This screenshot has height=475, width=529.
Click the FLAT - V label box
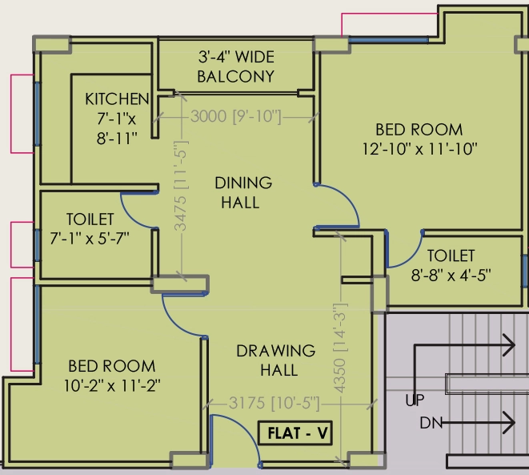(295, 433)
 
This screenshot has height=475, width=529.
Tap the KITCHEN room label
(117, 99)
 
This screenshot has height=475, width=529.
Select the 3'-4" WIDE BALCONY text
(236, 66)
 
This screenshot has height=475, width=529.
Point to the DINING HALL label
(243, 192)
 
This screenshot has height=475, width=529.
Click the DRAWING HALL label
(276, 360)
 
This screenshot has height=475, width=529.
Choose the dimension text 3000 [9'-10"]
(236, 116)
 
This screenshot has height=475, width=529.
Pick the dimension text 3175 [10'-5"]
(274, 403)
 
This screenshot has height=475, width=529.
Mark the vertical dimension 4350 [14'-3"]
(340, 348)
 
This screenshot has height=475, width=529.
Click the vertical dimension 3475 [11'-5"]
(181, 186)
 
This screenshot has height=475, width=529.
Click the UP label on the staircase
(415, 400)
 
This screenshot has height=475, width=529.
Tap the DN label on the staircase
(431, 423)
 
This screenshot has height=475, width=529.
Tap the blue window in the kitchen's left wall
(37, 114)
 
